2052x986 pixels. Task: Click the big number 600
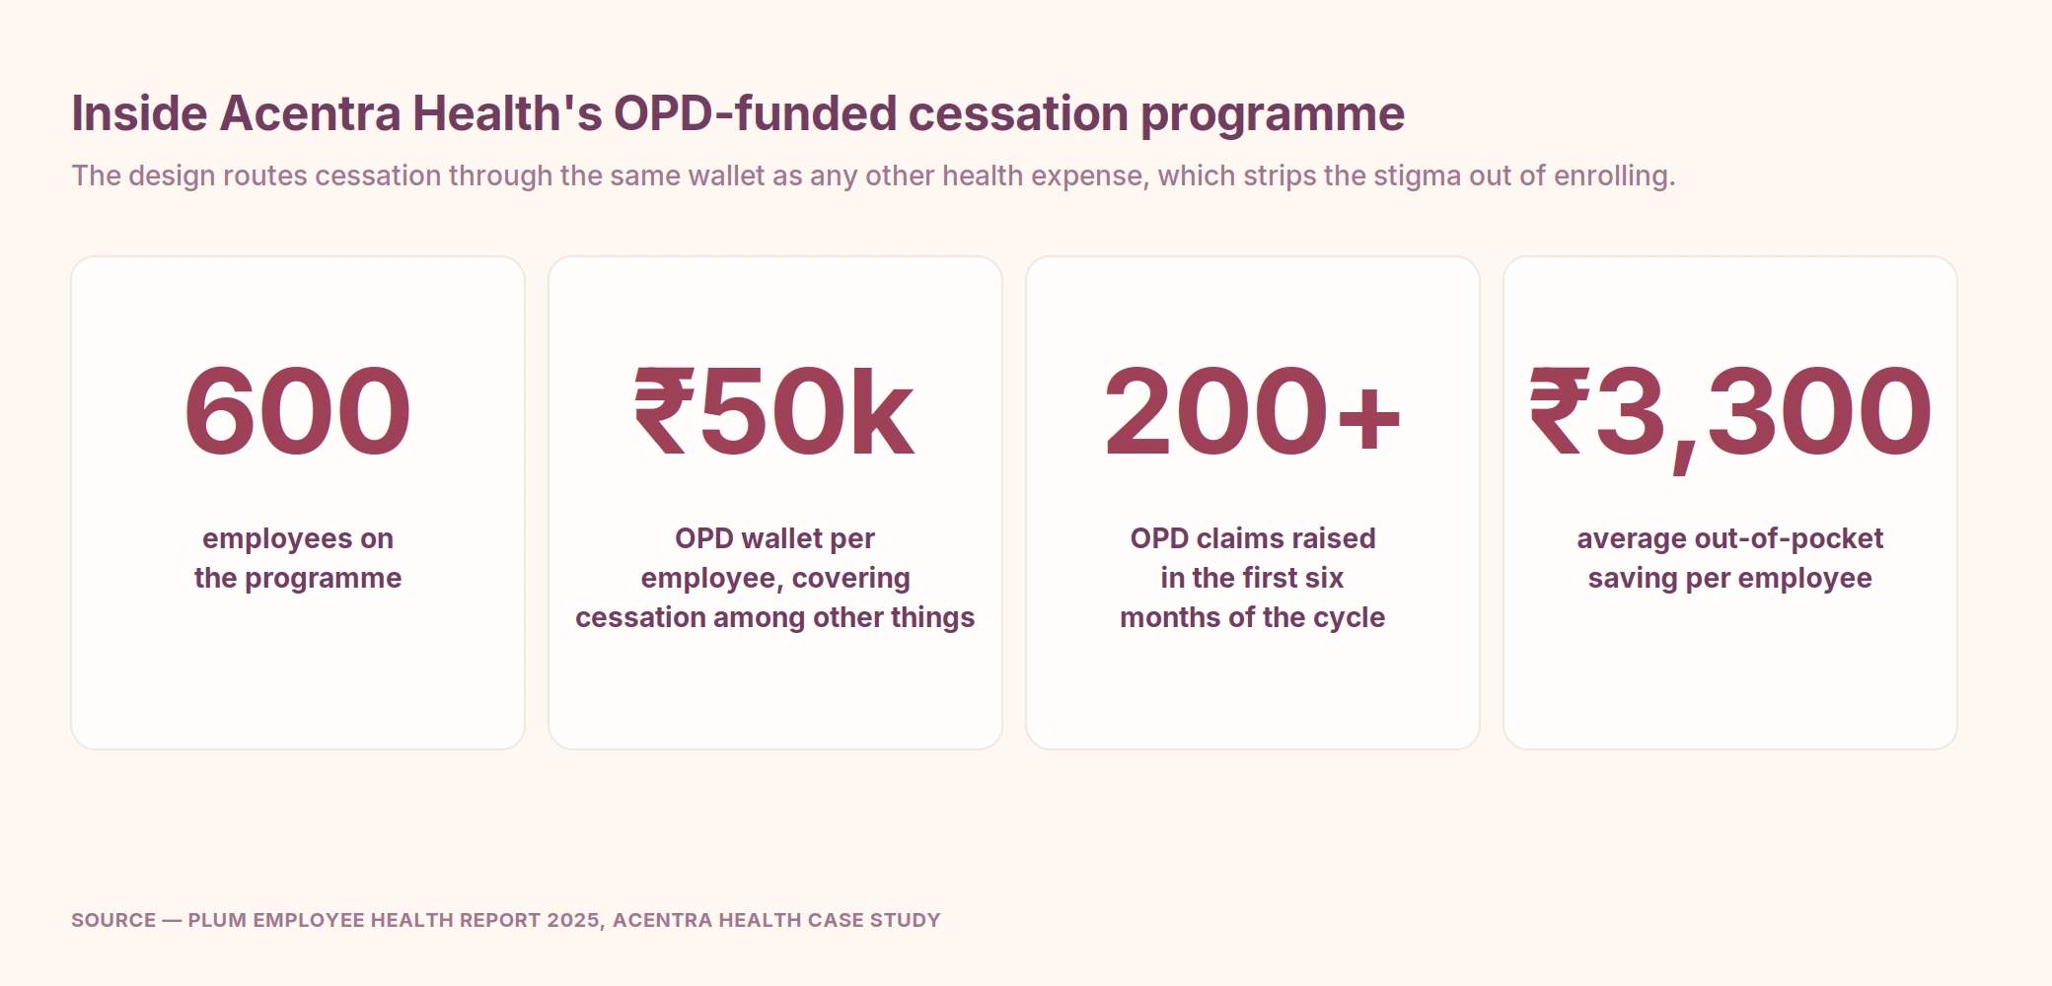point(297,410)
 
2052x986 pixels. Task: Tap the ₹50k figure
point(774,410)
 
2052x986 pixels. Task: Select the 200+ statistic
point(1252,410)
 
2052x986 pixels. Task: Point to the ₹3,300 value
point(1729,414)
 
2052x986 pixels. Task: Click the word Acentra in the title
point(310,113)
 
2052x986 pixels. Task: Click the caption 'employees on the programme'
point(298,558)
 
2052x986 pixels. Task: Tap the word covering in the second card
point(850,579)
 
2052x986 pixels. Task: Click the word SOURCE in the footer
point(113,920)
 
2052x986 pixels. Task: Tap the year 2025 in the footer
point(573,920)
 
